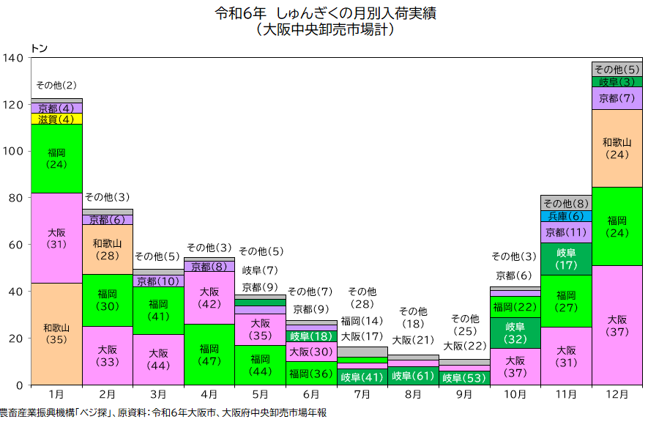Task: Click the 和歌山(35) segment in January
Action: (x=56, y=333)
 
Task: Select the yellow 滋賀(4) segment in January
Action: (x=56, y=119)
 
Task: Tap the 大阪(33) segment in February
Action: (x=108, y=355)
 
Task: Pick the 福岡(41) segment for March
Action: (x=158, y=310)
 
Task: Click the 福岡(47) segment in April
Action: (x=209, y=355)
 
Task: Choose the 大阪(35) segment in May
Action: (x=260, y=330)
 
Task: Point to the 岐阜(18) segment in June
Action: (x=311, y=336)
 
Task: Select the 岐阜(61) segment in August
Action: (x=413, y=377)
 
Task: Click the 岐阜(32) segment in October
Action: (x=515, y=333)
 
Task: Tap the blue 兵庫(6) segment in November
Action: (x=566, y=216)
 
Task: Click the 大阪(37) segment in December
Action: (x=617, y=325)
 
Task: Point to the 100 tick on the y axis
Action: (x=14, y=151)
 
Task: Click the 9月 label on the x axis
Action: (x=464, y=394)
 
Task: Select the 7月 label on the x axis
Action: (x=362, y=394)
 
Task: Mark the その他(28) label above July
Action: (x=362, y=297)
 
